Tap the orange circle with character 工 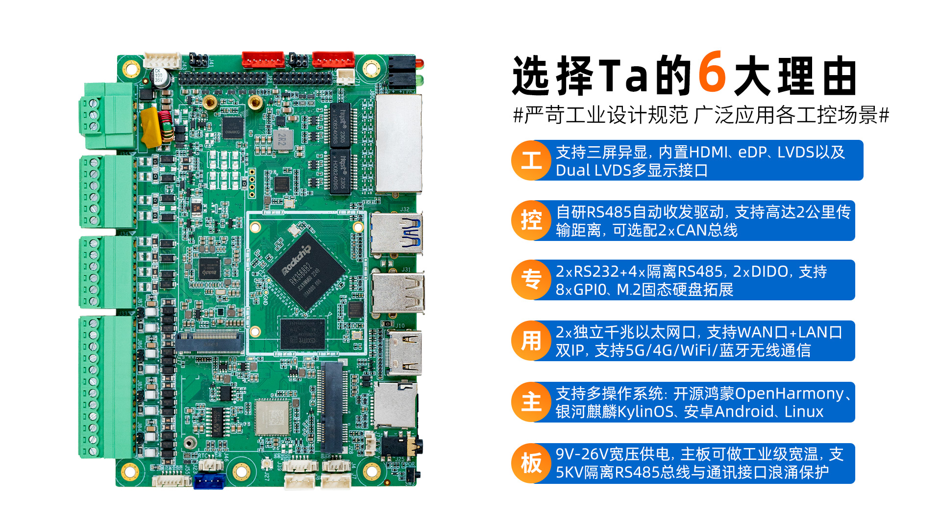(531, 160)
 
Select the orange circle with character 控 (531, 220)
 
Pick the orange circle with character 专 (531, 280)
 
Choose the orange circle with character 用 (531, 341)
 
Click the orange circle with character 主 (531, 402)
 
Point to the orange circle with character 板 (531, 463)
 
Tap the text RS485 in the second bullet (609, 212)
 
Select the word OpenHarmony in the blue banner (789, 394)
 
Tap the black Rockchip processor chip (306, 271)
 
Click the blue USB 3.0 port (396, 233)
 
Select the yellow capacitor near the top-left (150, 127)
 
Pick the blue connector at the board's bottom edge (209, 481)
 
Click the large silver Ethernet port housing (398, 143)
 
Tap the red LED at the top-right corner (420, 63)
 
